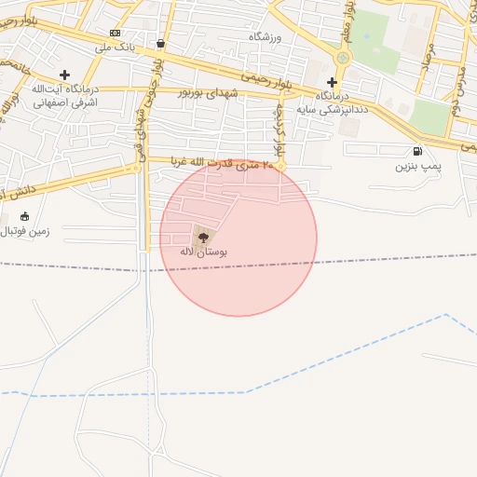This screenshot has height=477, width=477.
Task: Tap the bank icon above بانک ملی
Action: [115, 33]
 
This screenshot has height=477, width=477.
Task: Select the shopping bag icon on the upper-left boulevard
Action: [161, 43]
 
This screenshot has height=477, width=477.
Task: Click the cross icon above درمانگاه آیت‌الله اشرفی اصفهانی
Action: [64, 75]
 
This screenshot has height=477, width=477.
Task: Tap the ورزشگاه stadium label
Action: [265, 36]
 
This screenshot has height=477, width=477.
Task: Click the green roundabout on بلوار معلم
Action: [343, 58]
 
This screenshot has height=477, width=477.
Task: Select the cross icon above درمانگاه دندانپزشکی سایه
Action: [331, 82]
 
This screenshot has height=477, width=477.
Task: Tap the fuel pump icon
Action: [416, 151]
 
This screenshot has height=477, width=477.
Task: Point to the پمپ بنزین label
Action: [416, 166]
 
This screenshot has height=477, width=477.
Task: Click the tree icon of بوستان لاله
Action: [204, 238]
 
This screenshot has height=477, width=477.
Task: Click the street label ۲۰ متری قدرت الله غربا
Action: [225, 165]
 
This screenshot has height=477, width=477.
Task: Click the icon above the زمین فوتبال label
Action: [24, 215]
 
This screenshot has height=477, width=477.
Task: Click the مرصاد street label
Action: [429, 70]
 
